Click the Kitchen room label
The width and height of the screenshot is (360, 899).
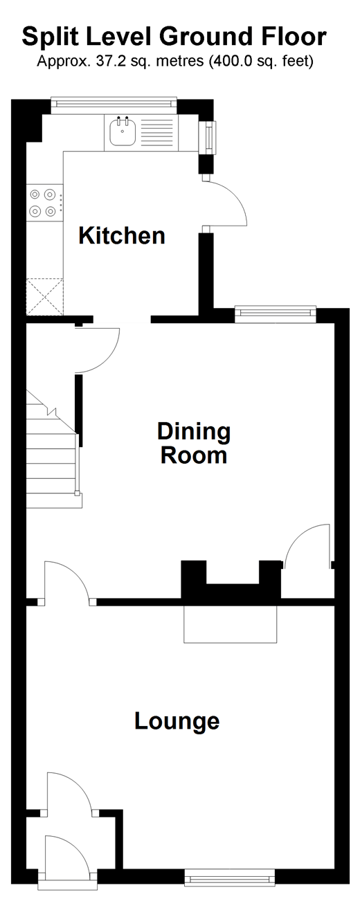[x=122, y=235]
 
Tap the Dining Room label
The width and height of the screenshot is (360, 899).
[x=194, y=443]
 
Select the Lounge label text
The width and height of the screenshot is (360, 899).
[x=177, y=721]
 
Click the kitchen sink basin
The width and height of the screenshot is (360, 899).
[x=123, y=131]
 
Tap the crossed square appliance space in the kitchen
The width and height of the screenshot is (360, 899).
[x=44, y=297]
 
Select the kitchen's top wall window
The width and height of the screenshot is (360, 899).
[x=114, y=104]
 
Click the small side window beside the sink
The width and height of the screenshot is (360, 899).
[x=208, y=137]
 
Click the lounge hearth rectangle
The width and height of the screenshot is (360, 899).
[x=231, y=624]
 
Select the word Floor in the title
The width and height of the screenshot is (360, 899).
[x=294, y=37]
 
